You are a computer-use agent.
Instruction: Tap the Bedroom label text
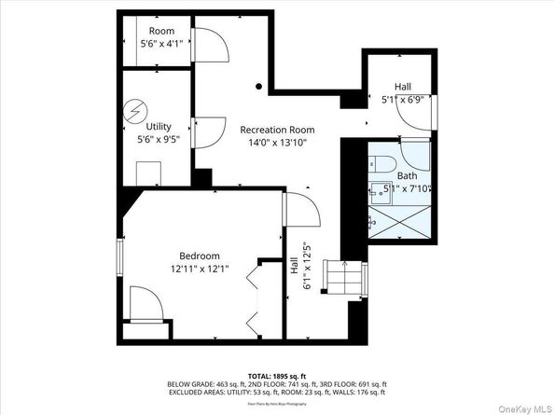coord(200,256)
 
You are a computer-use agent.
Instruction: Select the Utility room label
coord(159,125)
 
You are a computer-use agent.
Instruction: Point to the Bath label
coord(408,175)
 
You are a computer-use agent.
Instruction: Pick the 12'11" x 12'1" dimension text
coord(200,270)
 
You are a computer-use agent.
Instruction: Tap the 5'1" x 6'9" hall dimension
coord(403,99)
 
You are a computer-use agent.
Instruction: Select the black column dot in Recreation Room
coord(259,87)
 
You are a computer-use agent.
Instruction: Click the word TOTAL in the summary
coord(261,375)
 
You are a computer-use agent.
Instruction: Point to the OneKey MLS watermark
coord(518,406)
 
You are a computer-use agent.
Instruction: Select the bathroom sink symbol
coord(373,222)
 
